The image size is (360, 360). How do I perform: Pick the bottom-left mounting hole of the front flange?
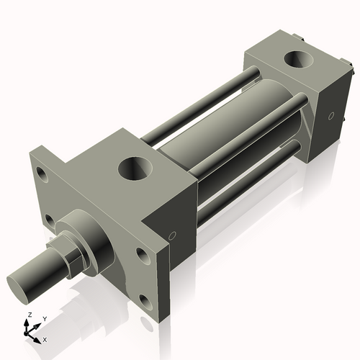[49, 218]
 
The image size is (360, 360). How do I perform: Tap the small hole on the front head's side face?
[172, 235]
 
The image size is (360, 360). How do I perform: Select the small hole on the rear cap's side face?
[330, 115]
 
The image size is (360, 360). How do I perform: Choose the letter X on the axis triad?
[45, 338]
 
